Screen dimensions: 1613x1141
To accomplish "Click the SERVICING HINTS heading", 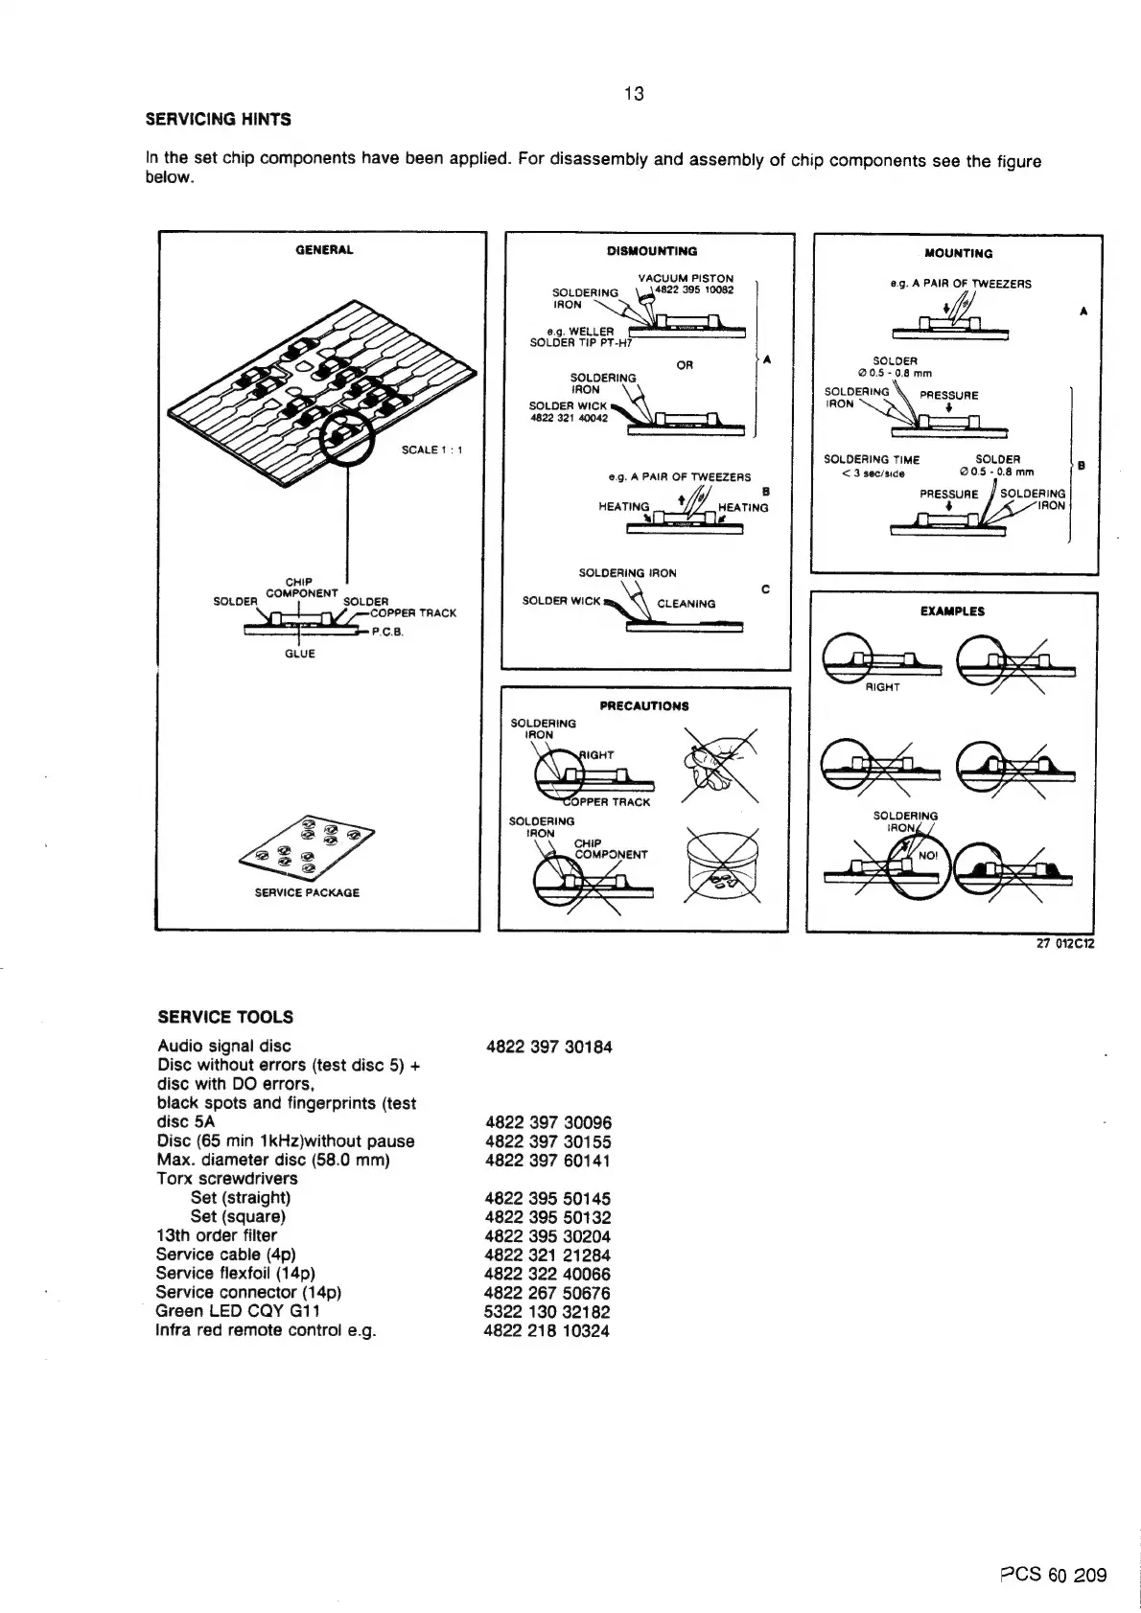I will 218,120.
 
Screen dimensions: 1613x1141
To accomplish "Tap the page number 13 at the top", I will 634,93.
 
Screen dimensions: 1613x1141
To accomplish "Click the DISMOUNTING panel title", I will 652,251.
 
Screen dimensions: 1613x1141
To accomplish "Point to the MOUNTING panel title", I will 958,254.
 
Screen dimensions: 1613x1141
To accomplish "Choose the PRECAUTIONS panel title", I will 643,706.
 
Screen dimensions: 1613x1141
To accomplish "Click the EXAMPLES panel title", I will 952,611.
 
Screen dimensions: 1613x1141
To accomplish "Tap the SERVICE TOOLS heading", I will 225,1017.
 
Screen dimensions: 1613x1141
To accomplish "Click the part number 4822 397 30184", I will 548,1048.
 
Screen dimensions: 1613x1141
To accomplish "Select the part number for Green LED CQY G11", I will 547,1312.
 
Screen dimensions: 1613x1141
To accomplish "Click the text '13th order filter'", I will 217,1235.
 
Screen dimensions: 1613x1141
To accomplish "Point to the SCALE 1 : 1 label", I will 432,449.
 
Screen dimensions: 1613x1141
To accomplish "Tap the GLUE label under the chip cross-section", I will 300,654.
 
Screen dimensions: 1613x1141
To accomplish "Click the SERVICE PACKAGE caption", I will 307,892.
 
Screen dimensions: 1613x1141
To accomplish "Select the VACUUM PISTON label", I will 686,278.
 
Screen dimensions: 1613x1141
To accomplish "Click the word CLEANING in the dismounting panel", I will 686,604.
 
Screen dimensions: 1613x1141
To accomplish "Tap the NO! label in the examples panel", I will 928,856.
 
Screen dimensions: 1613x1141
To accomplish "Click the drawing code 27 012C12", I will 1065,943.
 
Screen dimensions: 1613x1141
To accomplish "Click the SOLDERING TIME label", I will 872,460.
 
